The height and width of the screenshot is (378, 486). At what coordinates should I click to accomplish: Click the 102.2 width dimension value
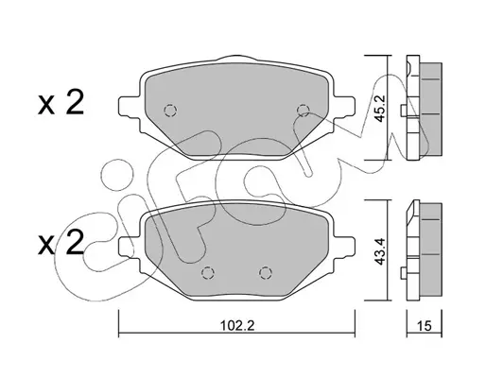[x=237, y=325]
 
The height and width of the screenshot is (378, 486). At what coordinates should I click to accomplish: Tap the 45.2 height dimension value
[x=380, y=108]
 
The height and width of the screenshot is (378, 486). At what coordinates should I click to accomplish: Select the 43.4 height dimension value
[x=380, y=251]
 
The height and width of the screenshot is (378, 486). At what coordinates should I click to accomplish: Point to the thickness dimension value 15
[x=425, y=326]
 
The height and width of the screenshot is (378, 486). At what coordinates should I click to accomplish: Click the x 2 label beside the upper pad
[x=61, y=102]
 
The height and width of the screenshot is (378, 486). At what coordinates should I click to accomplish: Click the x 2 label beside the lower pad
[x=61, y=242]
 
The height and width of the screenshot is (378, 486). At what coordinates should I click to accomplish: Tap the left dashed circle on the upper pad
[x=170, y=111]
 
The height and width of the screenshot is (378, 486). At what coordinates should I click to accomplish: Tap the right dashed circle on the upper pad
[x=304, y=110]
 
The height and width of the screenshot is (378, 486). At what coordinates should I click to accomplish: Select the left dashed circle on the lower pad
[x=208, y=273]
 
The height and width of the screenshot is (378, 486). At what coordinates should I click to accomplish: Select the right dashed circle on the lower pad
[x=266, y=273]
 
